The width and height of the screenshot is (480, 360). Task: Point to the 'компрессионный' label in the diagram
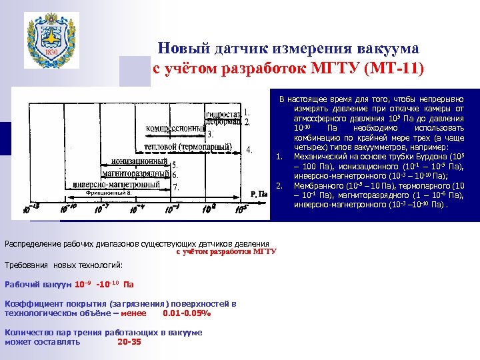[x=175, y=127]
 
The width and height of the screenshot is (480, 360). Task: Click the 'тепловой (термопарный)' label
[x=189, y=147]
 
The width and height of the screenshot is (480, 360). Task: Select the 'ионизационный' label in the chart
[x=139, y=161]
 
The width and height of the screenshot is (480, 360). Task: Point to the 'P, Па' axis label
[x=259, y=194]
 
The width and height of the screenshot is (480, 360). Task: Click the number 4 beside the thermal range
[x=249, y=149]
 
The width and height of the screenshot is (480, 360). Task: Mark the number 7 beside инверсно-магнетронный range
[x=175, y=187]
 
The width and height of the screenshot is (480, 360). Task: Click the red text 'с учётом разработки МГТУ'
[x=226, y=252]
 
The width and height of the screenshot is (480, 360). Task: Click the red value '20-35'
[x=129, y=341]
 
